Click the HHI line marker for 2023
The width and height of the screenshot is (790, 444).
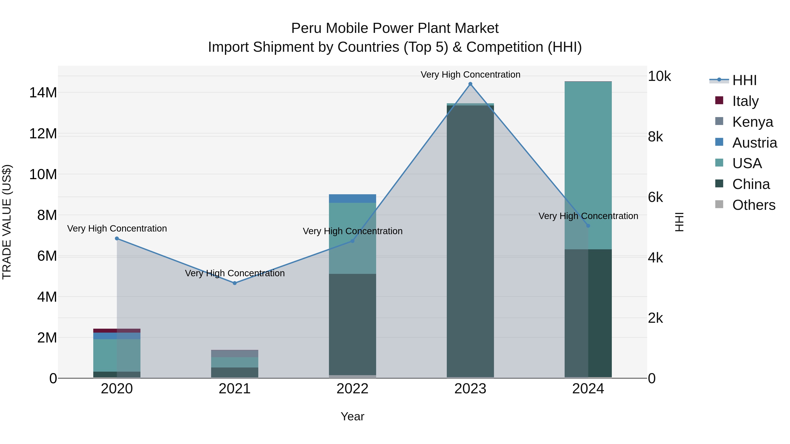tap(470, 84)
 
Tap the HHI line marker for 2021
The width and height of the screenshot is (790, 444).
tap(235, 283)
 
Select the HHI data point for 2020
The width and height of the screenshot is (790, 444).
tap(117, 238)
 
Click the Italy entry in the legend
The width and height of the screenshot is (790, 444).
tap(745, 101)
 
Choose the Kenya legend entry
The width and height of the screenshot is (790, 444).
tap(752, 122)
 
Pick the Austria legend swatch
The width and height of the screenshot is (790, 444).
tap(719, 142)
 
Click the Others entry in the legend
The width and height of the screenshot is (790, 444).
tap(754, 205)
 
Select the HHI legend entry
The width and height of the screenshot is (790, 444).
tap(744, 80)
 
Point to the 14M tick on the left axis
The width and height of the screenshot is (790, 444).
tap(43, 93)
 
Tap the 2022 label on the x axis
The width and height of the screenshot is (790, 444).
tap(352, 389)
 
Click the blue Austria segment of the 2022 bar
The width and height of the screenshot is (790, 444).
tap(352, 199)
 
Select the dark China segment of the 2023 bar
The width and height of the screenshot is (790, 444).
tap(470, 245)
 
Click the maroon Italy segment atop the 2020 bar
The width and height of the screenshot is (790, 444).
tap(117, 331)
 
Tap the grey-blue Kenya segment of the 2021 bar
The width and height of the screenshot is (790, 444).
tap(235, 354)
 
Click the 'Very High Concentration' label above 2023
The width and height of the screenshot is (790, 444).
tap(470, 75)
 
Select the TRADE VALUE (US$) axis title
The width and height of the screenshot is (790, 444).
tap(7, 222)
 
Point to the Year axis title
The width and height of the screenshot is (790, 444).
tap(352, 416)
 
